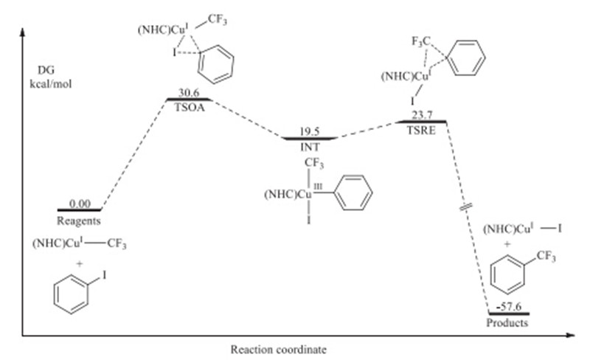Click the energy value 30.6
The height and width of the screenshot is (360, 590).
coord(190,94)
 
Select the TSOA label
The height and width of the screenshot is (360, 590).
coord(190,105)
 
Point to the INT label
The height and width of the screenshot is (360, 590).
coord(310,145)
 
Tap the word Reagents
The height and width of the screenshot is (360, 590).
coord(79,220)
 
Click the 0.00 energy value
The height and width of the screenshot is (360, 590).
coord(79,204)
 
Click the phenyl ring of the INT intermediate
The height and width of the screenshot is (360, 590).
coord(353,195)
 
